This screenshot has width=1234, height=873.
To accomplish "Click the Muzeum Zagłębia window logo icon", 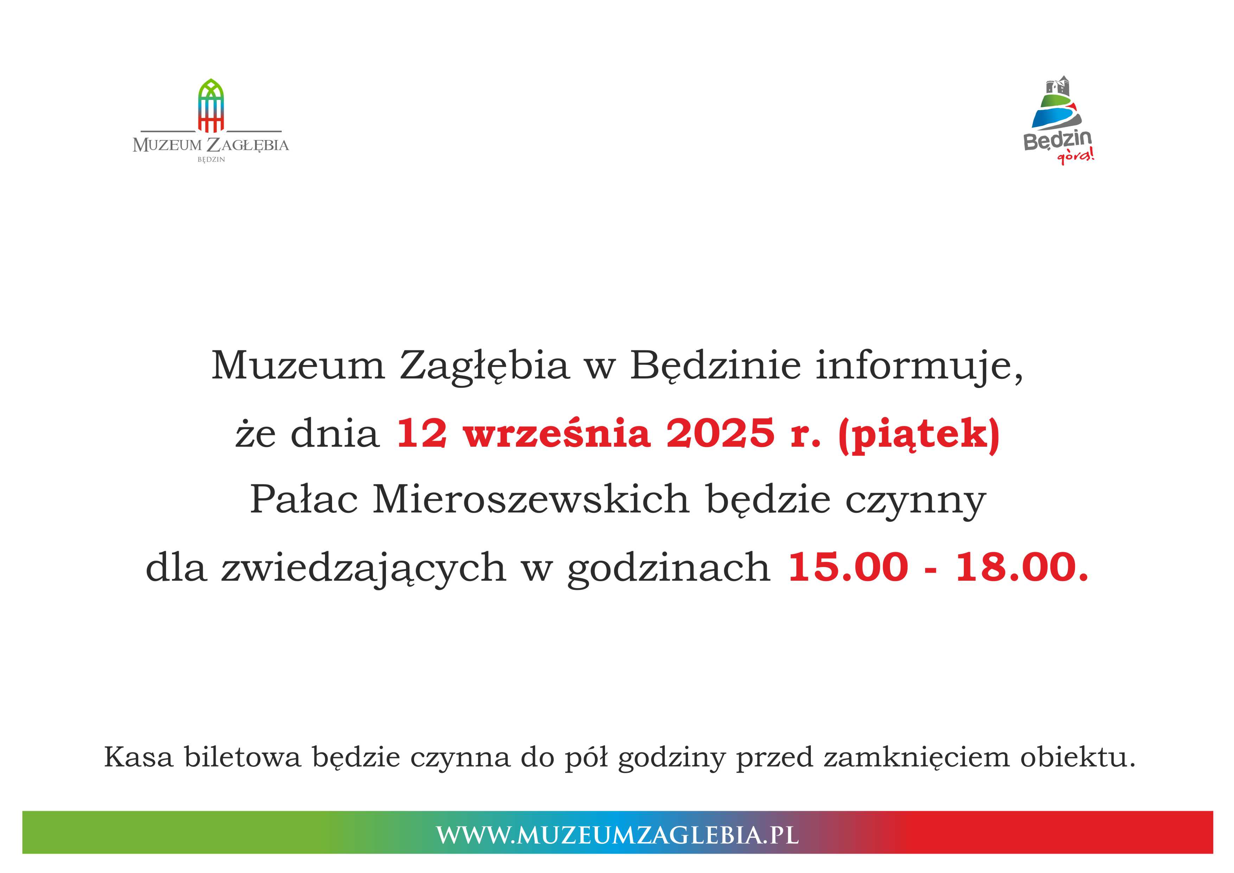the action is click(211, 106).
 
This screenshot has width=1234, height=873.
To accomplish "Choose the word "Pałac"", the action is click(304, 500).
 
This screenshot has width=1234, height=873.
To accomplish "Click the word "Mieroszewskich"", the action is click(531, 500).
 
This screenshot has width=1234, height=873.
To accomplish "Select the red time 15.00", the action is click(847, 568).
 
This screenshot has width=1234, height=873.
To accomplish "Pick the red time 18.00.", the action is click(1022, 568).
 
